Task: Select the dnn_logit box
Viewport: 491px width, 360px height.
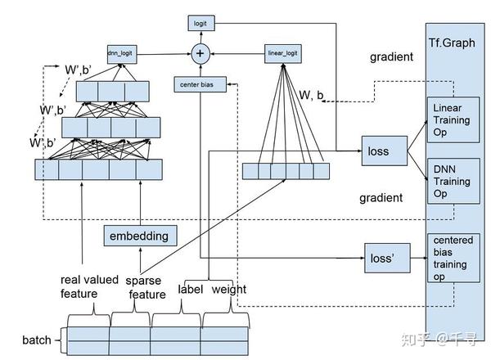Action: point(120,54)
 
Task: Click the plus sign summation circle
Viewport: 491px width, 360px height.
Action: point(200,54)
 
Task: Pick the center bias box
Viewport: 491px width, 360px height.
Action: point(200,84)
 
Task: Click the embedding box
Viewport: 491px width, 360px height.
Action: point(140,236)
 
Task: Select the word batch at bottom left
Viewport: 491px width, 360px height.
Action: point(36,340)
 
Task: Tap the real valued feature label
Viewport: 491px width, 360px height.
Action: point(91,286)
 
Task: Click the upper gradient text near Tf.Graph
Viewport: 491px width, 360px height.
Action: point(392,57)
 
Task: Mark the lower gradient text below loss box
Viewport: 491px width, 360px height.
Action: point(381,198)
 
